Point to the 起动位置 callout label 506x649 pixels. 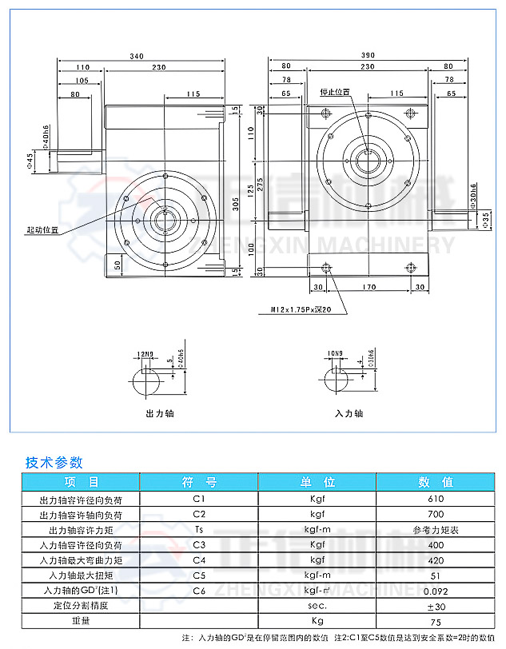(42, 229)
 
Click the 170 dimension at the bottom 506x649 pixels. (369, 287)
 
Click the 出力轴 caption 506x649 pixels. (160, 414)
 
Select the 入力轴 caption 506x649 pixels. (349, 414)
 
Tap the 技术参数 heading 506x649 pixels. (54, 462)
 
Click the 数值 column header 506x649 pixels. (436, 482)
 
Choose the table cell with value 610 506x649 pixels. (436, 499)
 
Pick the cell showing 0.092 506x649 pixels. (436, 590)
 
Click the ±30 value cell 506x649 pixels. (436, 605)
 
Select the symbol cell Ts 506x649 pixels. (199, 529)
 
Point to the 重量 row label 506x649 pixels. (80, 620)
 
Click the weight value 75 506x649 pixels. (436, 620)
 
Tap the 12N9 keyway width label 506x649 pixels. (147, 353)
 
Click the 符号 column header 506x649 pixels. (199, 482)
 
